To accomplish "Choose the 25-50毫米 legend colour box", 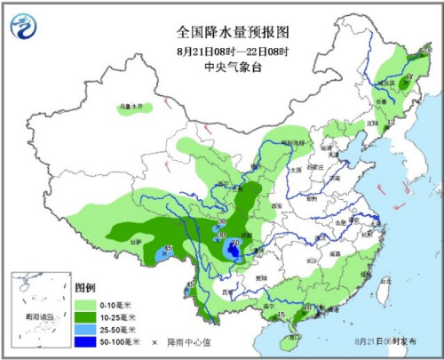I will [85, 329].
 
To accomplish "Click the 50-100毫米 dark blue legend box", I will [85, 341].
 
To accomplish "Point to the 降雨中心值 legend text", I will [184, 341].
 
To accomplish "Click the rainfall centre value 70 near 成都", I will [234, 243].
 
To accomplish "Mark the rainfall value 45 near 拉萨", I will [169, 248].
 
